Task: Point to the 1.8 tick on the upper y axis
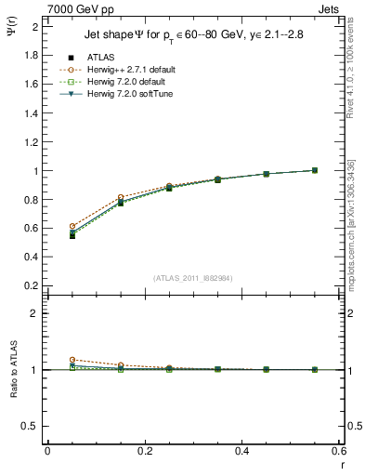[33, 55]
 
